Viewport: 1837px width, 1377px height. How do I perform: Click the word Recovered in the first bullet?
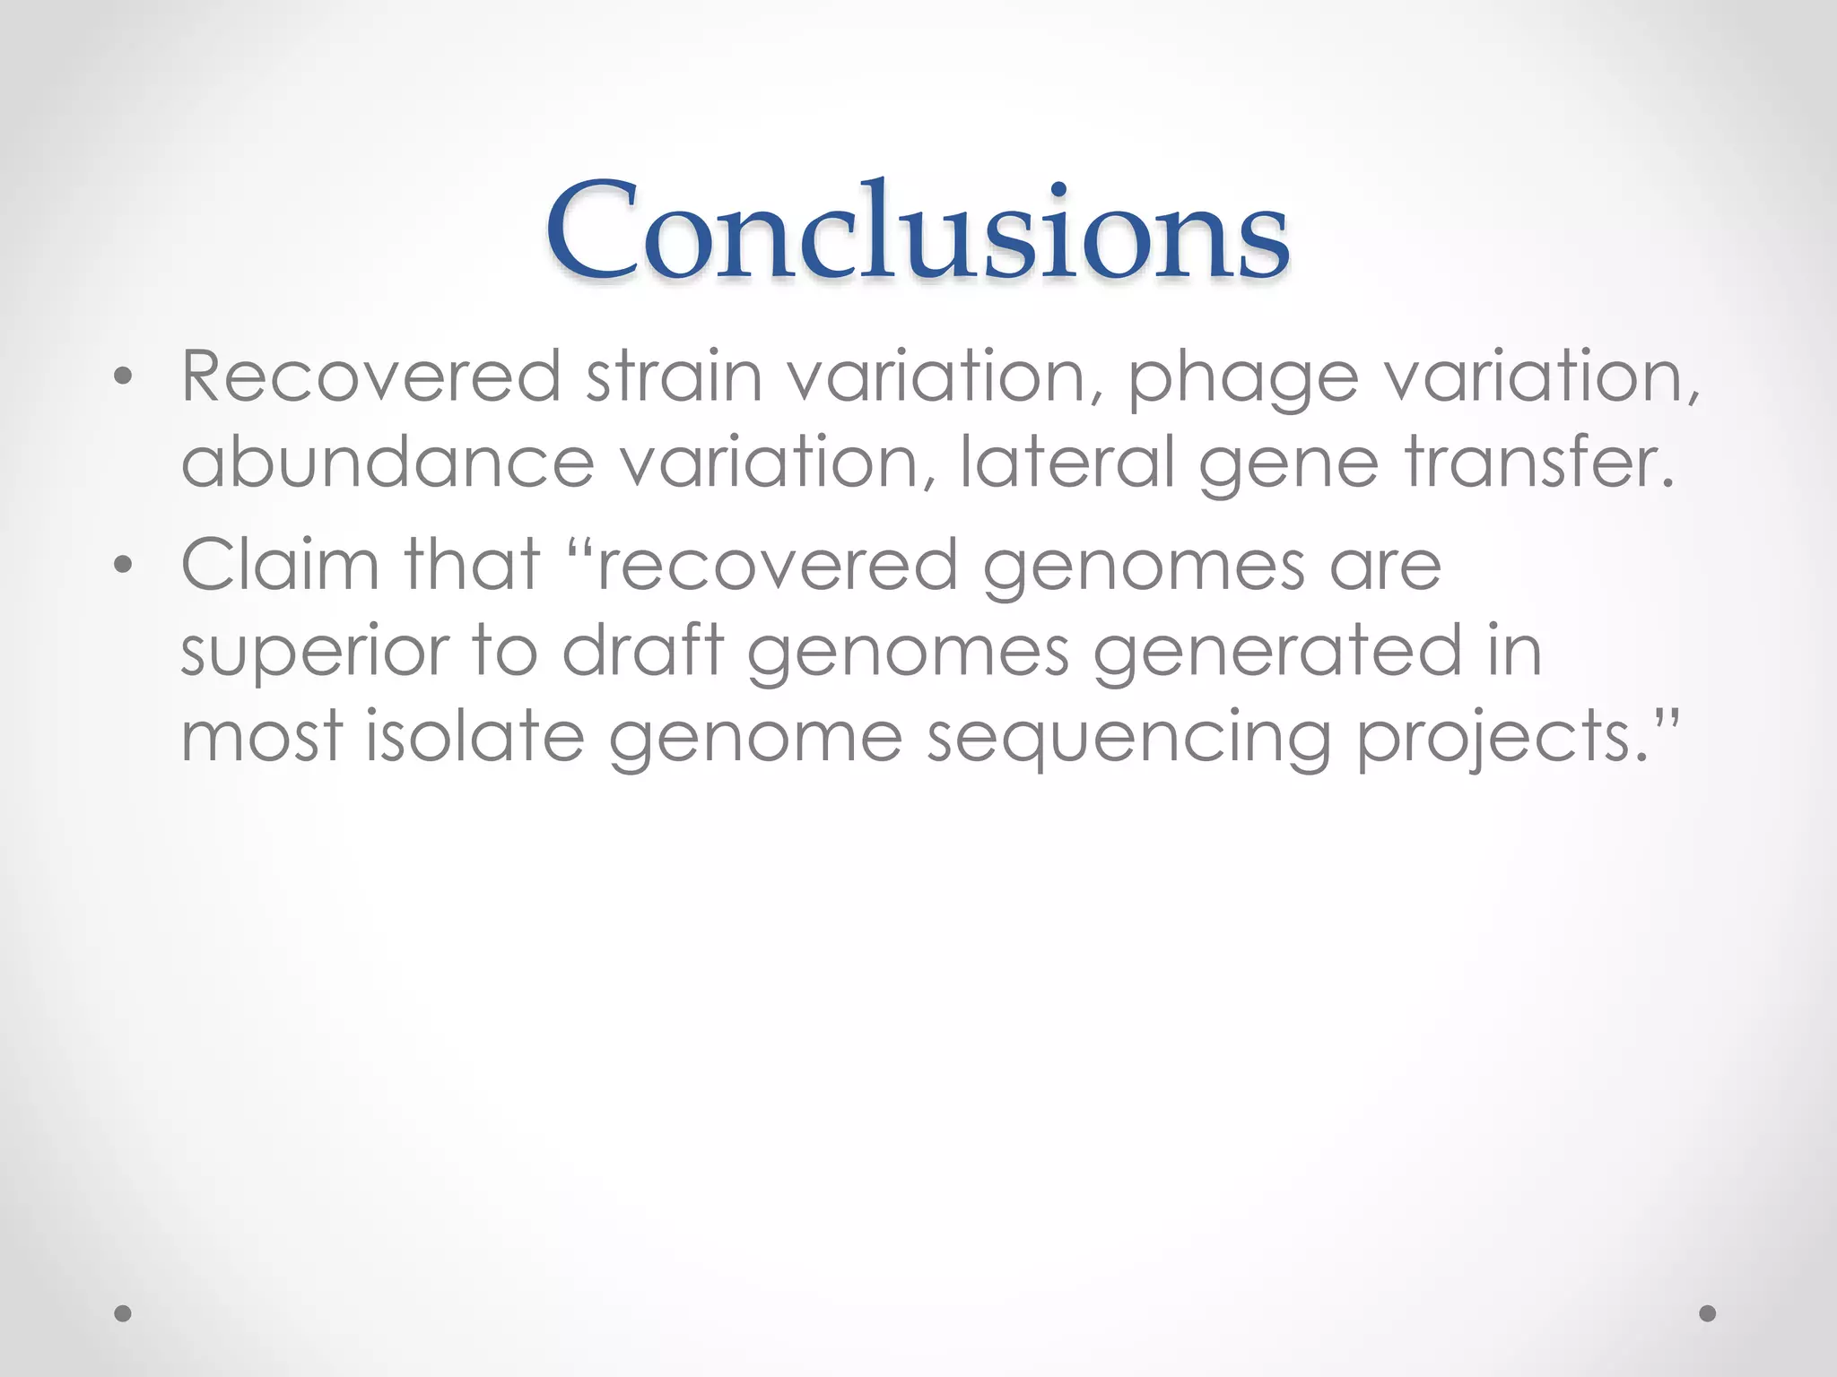tap(371, 377)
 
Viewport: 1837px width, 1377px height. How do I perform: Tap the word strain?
tap(674, 377)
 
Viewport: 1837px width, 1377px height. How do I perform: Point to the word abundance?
tap(387, 463)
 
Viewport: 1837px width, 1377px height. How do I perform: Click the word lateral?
tap(1067, 463)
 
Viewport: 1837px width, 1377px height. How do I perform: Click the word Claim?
tap(280, 565)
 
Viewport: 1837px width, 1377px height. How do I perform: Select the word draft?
tap(642, 651)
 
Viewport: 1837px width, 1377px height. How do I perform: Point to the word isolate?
tap(475, 737)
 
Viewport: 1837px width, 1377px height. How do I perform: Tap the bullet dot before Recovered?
tap(123, 379)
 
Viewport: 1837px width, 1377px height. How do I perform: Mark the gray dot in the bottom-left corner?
tap(123, 1313)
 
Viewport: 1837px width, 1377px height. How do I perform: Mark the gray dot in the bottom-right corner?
tap(1708, 1313)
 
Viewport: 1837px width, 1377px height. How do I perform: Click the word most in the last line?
tap(262, 737)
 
